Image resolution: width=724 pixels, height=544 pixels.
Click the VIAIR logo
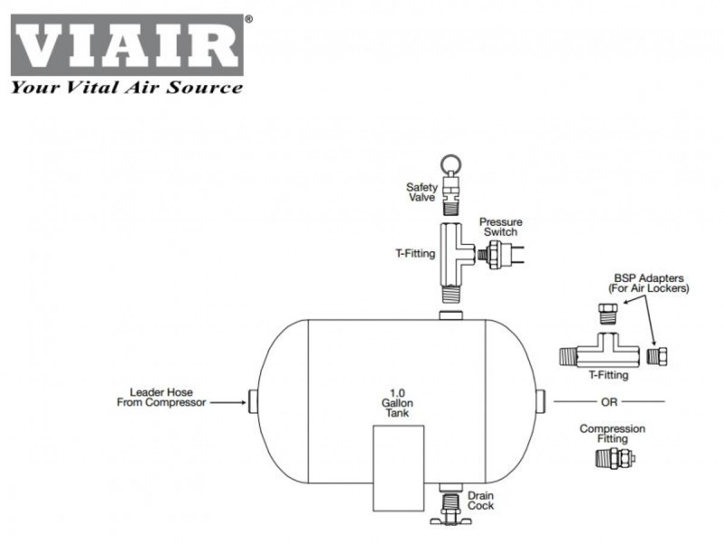(x=127, y=45)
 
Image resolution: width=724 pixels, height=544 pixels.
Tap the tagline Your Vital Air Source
(x=127, y=88)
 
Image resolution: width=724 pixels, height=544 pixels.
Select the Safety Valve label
(x=422, y=192)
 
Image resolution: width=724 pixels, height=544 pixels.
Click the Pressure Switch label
(x=500, y=227)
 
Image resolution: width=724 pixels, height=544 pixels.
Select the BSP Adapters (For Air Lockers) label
(x=649, y=283)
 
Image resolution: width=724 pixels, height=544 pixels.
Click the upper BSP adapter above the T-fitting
(x=608, y=313)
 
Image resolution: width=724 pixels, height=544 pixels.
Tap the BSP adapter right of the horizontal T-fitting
(x=656, y=356)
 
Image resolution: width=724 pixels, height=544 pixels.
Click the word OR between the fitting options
(x=609, y=402)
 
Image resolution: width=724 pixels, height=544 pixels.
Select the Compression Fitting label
(x=612, y=434)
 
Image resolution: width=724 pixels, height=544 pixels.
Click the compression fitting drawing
(x=615, y=458)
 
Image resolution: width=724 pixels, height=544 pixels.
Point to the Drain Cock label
(x=481, y=501)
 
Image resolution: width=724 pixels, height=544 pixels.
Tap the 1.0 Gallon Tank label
(x=397, y=403)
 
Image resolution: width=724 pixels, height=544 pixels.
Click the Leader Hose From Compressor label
(x=161, y=397)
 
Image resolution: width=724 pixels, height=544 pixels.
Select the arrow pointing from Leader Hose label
(x=228, y=402)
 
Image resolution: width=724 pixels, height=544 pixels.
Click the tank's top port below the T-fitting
(x=451, y=315)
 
